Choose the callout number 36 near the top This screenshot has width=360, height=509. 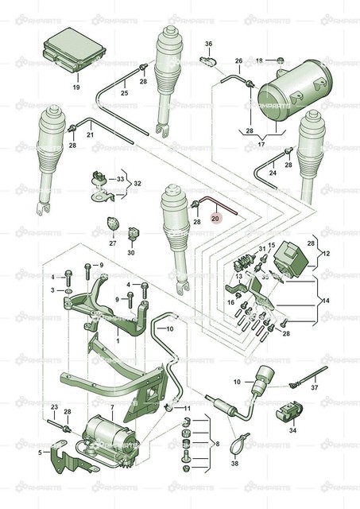209,44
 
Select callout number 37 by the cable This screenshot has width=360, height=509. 314,388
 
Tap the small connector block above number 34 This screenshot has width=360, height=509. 288,413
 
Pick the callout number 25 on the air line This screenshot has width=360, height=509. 124,94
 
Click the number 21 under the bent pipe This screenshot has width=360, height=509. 90,136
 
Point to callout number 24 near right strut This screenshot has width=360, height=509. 272,173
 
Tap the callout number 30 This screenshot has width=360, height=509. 131,254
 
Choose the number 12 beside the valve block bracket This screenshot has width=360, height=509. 326,254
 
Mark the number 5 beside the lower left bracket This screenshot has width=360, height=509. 41,453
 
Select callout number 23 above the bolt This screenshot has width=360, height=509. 54,406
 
